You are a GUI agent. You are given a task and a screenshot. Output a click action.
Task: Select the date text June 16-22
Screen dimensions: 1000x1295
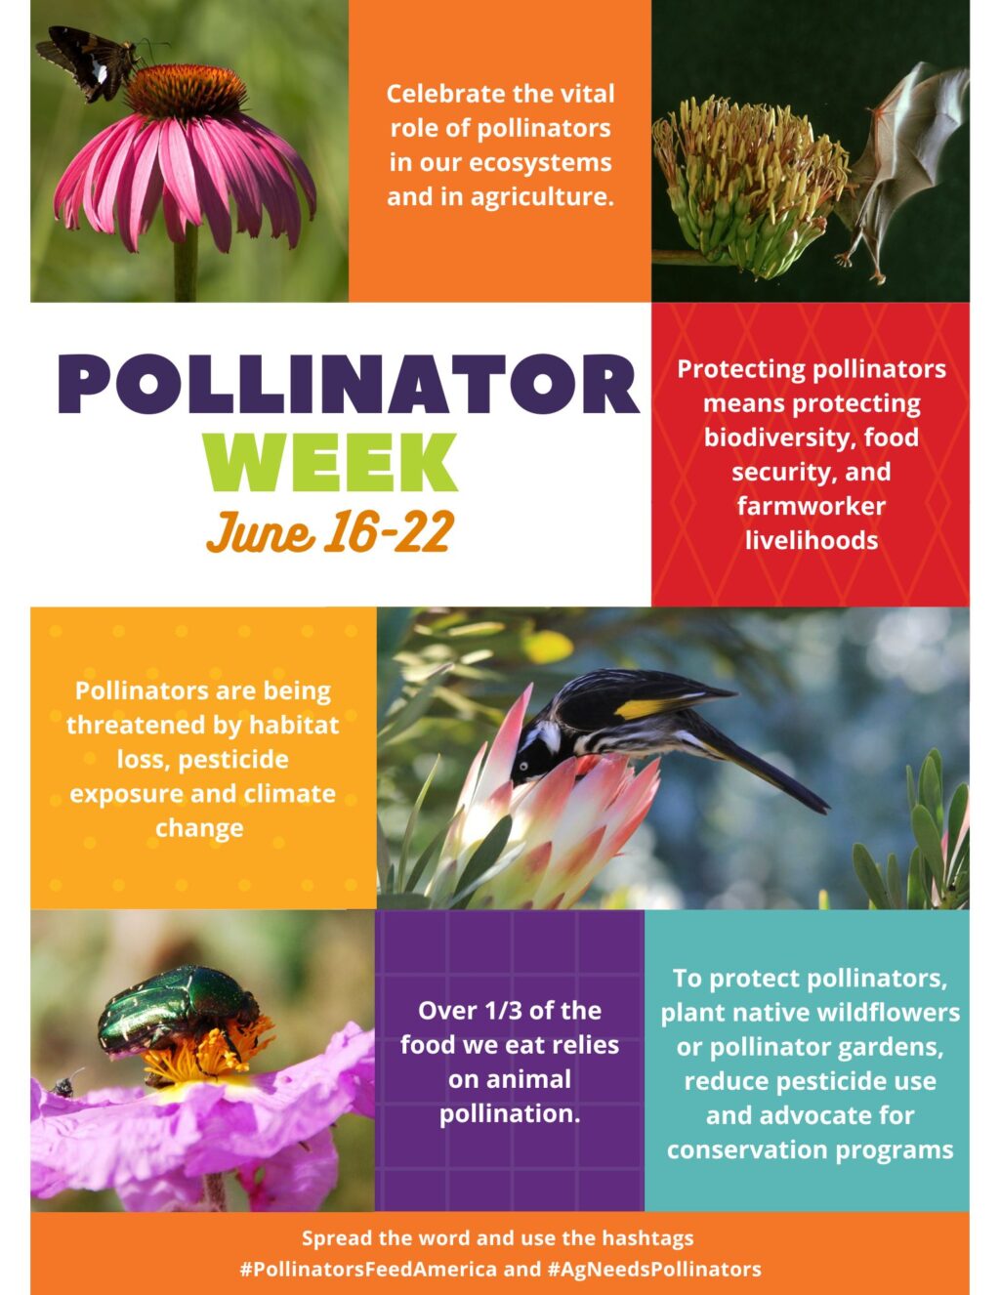pyautogui.click(x=330, y=531)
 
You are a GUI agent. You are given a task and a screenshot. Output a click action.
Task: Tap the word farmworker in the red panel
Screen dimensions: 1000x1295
pyautogui.click(x=812, y=506)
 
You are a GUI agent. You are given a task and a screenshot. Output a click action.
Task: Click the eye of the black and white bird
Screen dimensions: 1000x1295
pyautogui.click(x=523, y=766)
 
